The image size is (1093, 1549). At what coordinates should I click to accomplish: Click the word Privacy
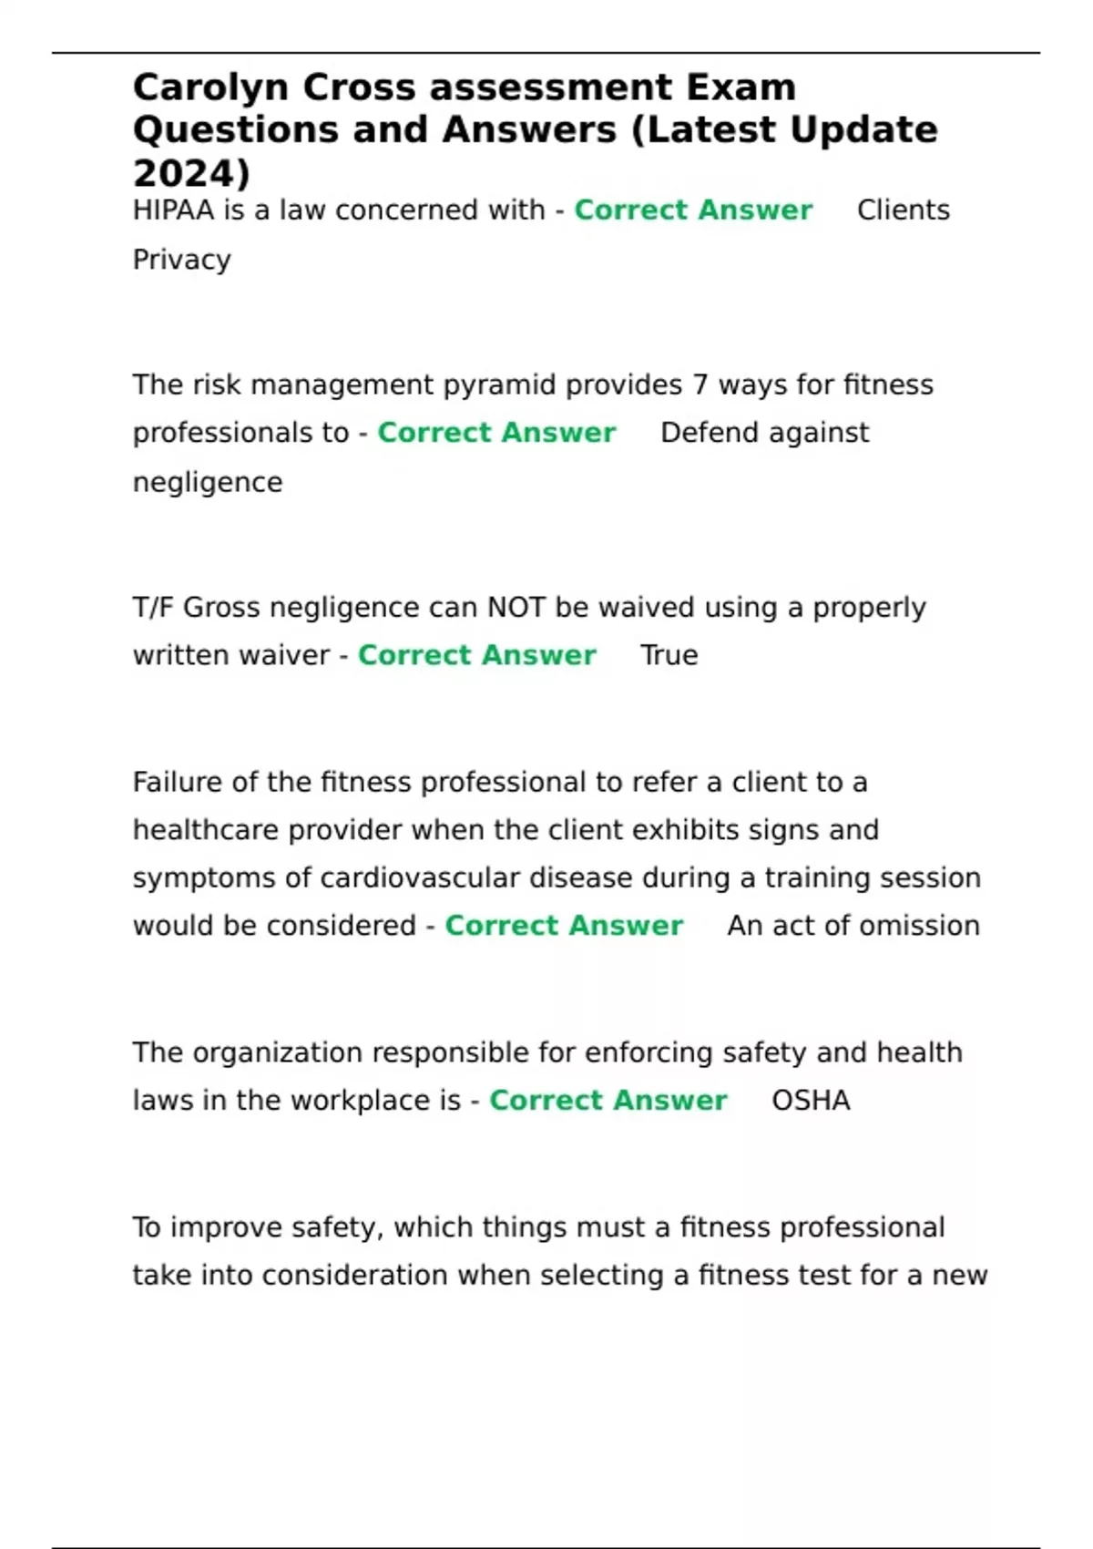(181, 261)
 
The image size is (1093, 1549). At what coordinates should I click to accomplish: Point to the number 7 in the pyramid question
(700, 385)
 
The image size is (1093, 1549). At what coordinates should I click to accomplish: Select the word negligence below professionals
(208, 482)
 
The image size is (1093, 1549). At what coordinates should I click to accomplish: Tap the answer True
(669, 655)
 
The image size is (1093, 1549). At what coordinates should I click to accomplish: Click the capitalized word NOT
(516, 608)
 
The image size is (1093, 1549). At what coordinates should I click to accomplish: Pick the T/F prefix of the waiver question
(152, 608)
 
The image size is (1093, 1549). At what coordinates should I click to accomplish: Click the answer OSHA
(811, 1101)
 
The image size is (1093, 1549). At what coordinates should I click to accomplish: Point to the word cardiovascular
(420, 878)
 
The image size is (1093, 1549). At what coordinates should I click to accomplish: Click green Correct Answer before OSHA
(608, 1101)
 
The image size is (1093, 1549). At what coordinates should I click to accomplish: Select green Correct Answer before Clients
(692, 210)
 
